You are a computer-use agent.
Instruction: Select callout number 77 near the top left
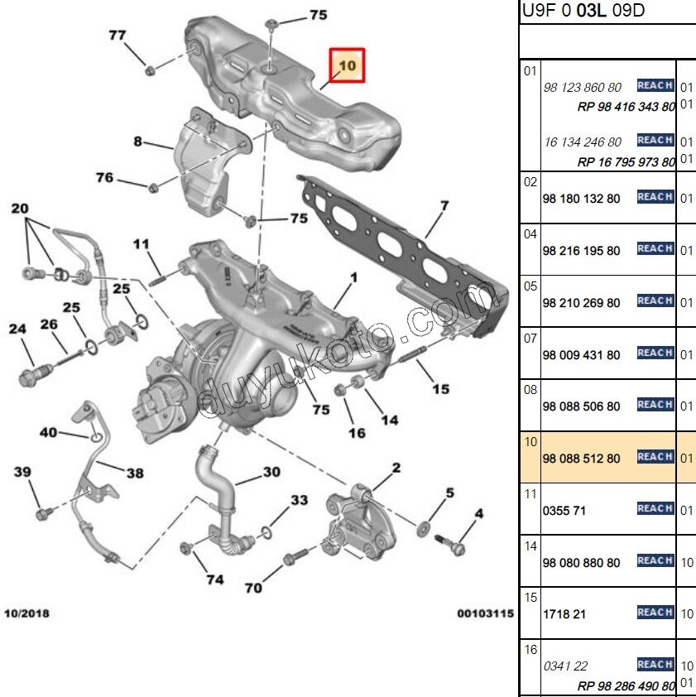click(x=118, y=35)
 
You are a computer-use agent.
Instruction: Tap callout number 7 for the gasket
click(x=444, y=205)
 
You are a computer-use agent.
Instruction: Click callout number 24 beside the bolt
click(x=18, y=329)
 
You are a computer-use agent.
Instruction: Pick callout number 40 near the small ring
click(x=49, y=432)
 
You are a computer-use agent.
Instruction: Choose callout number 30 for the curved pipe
click(x=271, y=473)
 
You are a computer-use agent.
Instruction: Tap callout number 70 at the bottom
click(x=253, y=588)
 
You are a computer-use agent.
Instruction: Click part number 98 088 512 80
click(x=581, y=459)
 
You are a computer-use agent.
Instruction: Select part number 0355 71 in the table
click(x=564, y=511)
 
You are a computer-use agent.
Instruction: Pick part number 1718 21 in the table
click(x=564, y=615)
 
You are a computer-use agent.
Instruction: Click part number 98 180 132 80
click(x=581, y=199)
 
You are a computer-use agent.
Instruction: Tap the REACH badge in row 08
click(x=655, y=405)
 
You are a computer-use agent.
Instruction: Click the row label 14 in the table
click(x=530, y=546)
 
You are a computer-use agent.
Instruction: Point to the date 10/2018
click(x=26, y=613)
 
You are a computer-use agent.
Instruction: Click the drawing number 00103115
click(x=486, y=613)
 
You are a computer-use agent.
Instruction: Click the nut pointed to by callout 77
click(x=150, y=70)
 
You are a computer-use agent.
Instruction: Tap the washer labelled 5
click(x=423, y=527)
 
